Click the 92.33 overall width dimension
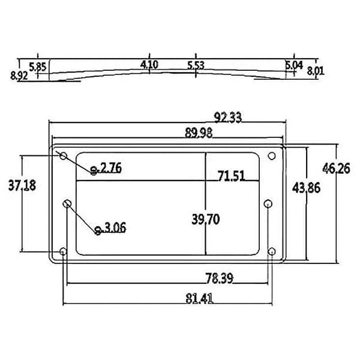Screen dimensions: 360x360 [227, 118]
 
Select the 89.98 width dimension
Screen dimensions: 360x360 [199, 133]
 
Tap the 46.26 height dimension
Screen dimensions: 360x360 [336, 168]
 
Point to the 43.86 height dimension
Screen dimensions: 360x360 [306, 188]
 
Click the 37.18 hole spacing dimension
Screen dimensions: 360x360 [22, 185]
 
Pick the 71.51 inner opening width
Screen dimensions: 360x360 [231, 176]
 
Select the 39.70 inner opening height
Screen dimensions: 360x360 [206, 219]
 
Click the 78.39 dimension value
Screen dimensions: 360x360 [219, 278]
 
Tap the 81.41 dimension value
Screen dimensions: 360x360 [199, 299]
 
